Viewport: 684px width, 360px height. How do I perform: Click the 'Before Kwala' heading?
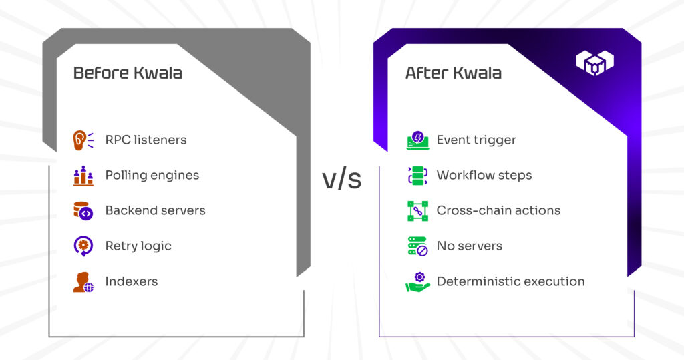point(128,73)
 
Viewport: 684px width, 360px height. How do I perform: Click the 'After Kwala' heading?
point(454,73)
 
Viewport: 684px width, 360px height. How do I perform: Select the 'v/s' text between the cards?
point(342,179)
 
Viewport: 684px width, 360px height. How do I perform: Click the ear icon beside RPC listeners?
point(83,140)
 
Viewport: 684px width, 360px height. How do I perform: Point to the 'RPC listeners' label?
point(146,140)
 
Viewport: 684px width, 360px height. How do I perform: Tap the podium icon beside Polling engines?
point(83,176)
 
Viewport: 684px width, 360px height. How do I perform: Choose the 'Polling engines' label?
point(152,176)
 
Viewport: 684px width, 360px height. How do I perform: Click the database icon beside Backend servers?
point(83,211)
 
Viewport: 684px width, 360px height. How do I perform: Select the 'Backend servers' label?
point(155,210)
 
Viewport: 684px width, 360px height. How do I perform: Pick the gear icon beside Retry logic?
point(83,246)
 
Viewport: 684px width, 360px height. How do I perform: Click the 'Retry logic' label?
point(138,246)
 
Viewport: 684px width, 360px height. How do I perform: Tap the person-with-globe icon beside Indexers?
point(83,282)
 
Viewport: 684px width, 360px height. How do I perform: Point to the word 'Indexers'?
point(132,281)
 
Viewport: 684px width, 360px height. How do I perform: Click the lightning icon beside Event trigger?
point(418,140)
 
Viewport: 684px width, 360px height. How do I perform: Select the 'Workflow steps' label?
point(484,176)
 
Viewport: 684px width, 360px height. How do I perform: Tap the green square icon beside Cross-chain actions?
point(418,211)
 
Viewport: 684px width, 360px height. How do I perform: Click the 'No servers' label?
point(470,246)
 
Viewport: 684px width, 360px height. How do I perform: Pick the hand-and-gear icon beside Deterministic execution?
point(418,282)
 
